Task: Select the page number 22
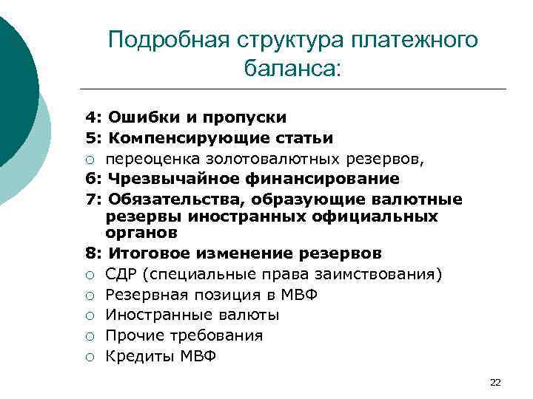click(495, 382)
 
